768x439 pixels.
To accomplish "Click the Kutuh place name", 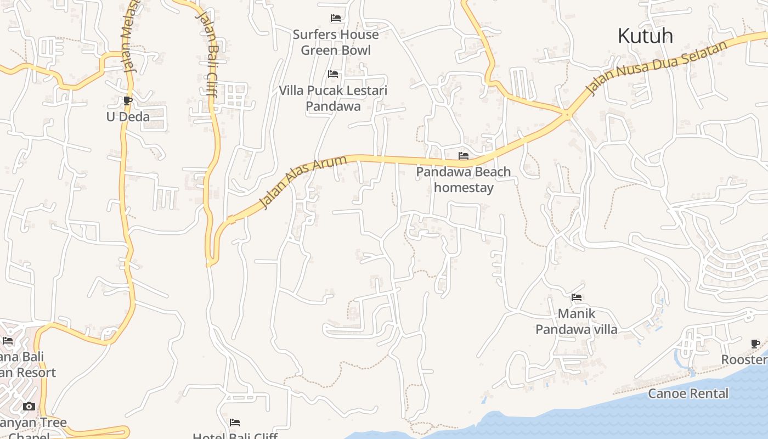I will (645, 36).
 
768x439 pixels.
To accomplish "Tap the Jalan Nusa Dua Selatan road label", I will (658, 66).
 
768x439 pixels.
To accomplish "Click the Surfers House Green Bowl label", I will (336, 42).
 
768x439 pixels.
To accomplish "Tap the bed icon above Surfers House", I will (336, 18).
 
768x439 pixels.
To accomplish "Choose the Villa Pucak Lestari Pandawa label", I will (333, 98).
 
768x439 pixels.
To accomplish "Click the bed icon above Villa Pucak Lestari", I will (333, 74).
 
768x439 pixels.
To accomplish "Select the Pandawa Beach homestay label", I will (464, 179).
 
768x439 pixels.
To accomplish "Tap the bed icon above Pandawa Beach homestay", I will (464, 156).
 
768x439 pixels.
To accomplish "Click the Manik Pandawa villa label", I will (577, 322).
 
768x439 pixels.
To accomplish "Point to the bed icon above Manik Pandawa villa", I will (577, 297).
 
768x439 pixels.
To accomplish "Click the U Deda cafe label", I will (128, 116).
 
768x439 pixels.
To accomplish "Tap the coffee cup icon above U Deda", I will (128, 100).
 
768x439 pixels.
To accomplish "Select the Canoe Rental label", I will (688, 393).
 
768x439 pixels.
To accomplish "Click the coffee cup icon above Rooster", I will (755, 344).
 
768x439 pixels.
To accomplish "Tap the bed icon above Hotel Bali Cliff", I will (235, 422).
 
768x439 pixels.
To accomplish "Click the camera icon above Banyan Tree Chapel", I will (29, 406).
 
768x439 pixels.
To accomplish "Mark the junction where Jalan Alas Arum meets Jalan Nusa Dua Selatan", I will (567, 114).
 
